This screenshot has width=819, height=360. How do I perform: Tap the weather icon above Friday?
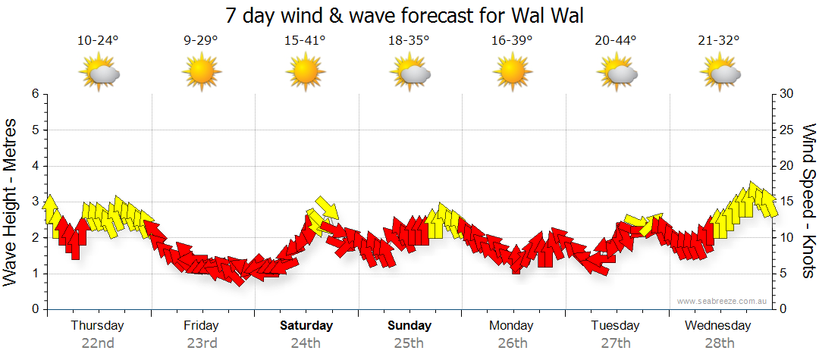coord(201,73)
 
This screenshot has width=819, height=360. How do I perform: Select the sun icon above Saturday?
coord(305,73)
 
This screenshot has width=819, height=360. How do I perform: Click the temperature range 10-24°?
coord(98,41)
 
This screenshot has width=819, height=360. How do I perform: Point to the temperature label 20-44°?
coord(616,41)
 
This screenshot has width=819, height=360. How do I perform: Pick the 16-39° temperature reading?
coord(512,41)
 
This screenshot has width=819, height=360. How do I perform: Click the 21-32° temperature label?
coord(719,41)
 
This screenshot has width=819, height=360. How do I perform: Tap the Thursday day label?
coord(97,325)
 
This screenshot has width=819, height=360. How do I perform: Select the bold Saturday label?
coord(306,325)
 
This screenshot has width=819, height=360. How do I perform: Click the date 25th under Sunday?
coord(409,343)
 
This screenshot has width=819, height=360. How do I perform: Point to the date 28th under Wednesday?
coord(719,343)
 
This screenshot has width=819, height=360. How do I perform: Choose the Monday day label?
coord(511,325)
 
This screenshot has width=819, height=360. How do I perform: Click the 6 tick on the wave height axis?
coord(34,94)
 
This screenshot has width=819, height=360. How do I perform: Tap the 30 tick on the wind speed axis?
coord(786,94)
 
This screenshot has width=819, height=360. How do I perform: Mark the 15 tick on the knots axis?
coord(786,202)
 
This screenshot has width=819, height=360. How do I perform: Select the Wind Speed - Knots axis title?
coord(809,201)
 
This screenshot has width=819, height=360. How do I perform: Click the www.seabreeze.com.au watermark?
coord(723,301)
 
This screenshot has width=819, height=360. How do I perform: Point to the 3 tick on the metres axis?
coord(34,202)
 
